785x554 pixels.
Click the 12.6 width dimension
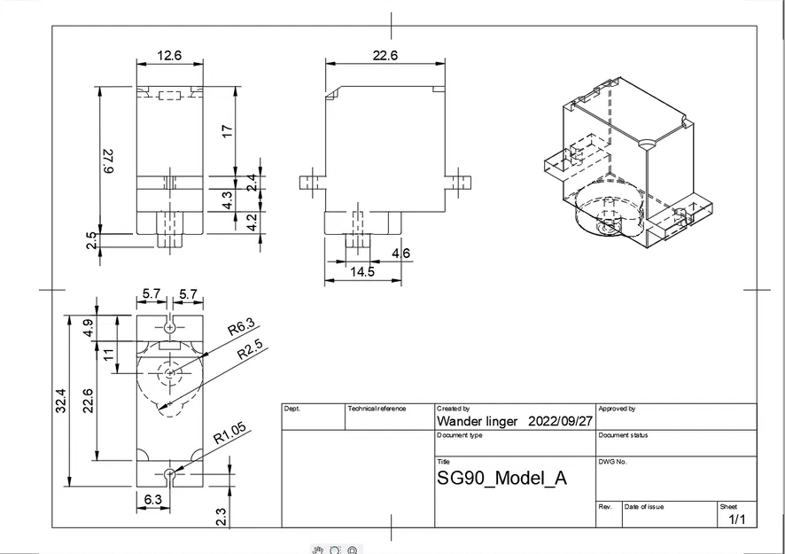click(x=169, y=56)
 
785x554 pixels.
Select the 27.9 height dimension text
click(x=109, y=160)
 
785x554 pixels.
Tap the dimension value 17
click(x=228, y=130)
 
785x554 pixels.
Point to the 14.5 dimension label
click(x=361, y=272)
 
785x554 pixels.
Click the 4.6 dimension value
click(x=400, y=254)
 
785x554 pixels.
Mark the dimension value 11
click(x=109, y=356)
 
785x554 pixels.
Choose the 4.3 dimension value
click(x=228, y=199)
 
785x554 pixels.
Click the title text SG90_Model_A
click(x=502, y=479)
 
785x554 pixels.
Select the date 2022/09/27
click(x=560, y=421)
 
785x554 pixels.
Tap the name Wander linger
click(x=478, y=421)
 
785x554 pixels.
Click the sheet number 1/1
click(x=736, y=519)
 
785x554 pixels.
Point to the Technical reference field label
click(x=377, y=409)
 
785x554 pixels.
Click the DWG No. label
click(x=613, y=462)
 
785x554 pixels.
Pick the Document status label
click(x=624, y=435)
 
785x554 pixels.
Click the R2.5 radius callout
click(x=251, y=354)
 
